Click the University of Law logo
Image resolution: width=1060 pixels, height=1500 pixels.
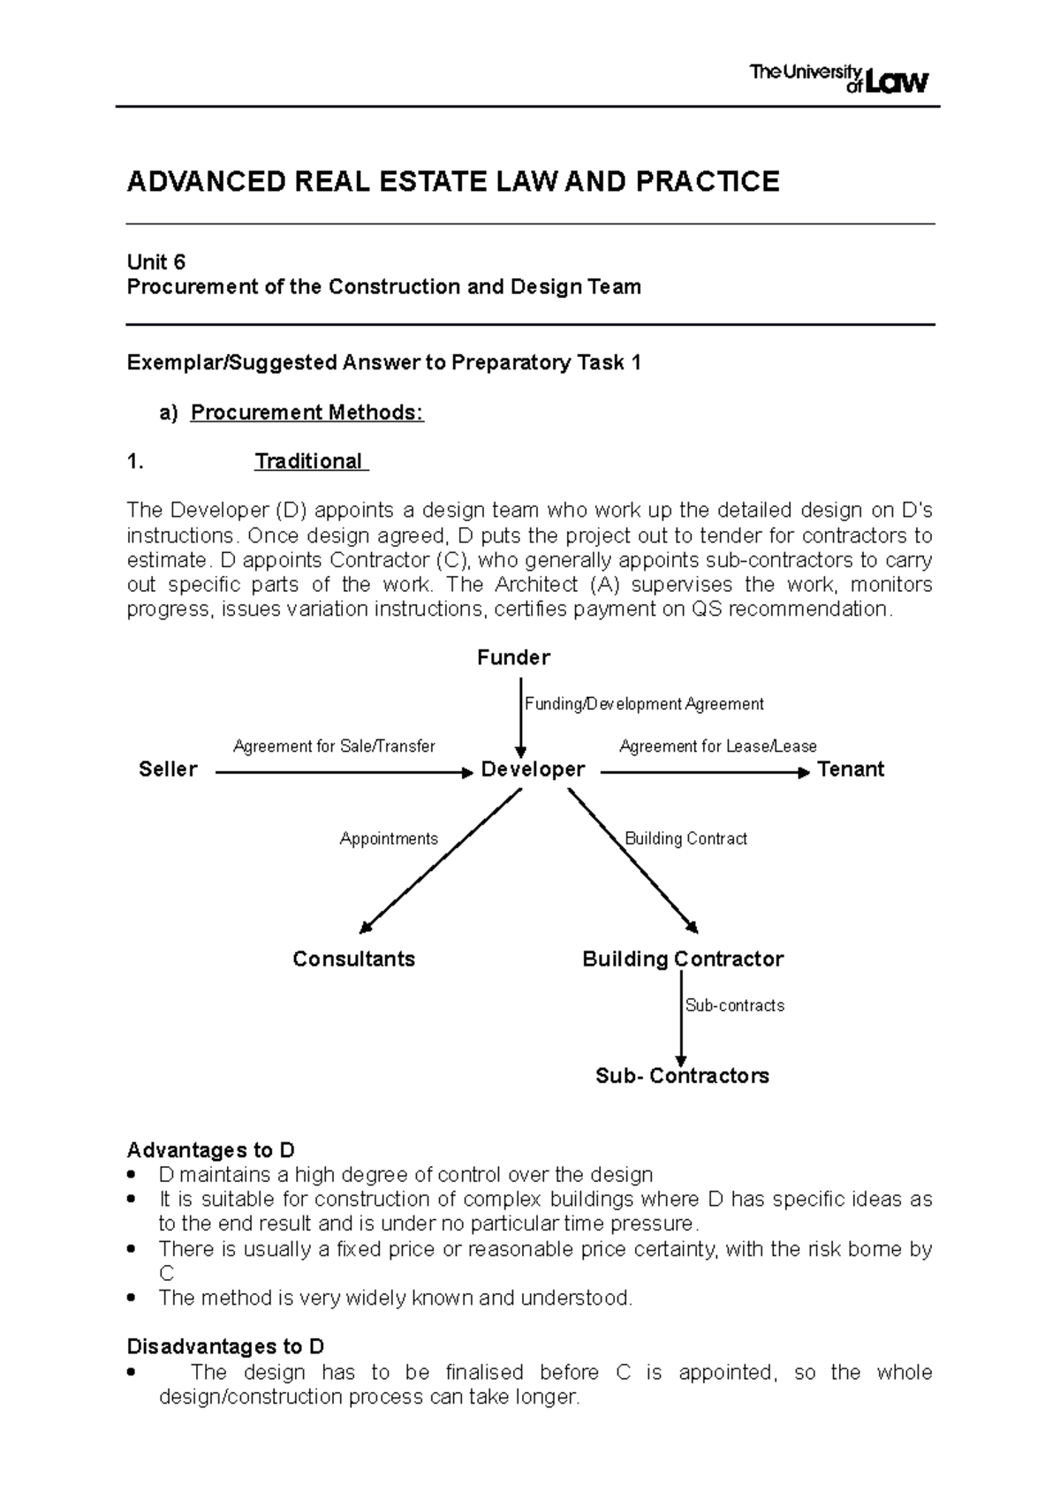838,79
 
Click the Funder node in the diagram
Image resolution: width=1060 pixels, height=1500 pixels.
513,657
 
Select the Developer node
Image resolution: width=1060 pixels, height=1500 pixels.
533,769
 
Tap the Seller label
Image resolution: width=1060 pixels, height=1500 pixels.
168,769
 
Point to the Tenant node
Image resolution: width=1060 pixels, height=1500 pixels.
851,769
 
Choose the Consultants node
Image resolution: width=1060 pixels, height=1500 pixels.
353,959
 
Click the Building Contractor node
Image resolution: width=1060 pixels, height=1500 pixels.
683,959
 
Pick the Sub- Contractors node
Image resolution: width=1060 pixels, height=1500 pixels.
682,1076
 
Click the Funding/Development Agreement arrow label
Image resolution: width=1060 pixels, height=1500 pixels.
644,704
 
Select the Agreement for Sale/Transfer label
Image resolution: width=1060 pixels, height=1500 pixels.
334,746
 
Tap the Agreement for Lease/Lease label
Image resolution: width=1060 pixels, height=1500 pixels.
718,746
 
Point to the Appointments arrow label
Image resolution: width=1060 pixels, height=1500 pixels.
389,838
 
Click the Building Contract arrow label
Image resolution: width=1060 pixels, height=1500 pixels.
686,838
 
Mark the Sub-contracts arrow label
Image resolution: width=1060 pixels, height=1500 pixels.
735,1005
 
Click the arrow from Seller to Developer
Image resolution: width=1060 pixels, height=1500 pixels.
344,773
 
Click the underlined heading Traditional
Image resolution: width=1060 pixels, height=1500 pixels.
308,461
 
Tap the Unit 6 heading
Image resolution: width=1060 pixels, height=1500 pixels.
156,262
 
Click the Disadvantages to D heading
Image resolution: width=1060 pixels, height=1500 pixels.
225,1346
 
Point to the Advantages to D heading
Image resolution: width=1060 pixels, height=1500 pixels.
210,1150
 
